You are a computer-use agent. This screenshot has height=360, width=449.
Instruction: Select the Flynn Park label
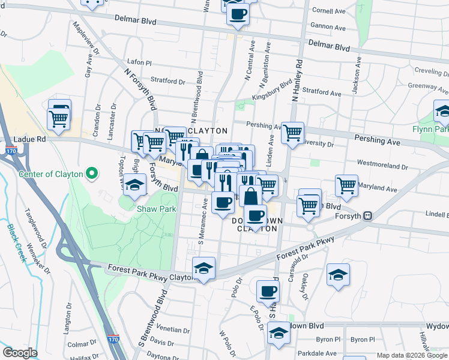coord(430,129)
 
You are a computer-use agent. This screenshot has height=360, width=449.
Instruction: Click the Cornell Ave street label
coord(329,10)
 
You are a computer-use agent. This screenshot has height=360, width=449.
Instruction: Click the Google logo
coord(20,352)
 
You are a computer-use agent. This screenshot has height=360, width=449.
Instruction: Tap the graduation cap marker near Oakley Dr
coord(338,275)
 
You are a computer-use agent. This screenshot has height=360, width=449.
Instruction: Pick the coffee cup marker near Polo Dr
coord(268,292)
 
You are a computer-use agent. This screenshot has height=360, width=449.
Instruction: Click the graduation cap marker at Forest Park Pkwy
coord(203,268)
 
